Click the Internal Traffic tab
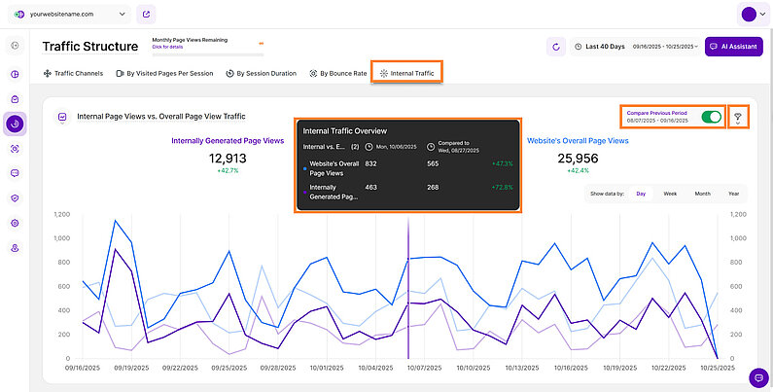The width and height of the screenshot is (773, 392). [408, 73]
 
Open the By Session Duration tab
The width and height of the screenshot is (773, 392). [261, 73]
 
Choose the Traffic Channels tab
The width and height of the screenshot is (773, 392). [73, 73]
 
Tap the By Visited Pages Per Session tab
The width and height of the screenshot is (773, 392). [162, 73]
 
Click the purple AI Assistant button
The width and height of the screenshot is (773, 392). [734, 46]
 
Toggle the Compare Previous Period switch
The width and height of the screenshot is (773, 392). [713, 117]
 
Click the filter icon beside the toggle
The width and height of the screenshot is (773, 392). [738, 118]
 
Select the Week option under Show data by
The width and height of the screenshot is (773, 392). [670, 194]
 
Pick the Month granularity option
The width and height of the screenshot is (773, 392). [702, 194]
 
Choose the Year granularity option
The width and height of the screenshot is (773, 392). [733, 194]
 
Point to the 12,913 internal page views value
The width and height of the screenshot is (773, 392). [228, 158]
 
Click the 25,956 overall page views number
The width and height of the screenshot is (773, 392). [578, 158]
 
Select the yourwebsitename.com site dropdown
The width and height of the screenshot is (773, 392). [71, 15]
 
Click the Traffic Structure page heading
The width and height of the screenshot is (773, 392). [89, 46]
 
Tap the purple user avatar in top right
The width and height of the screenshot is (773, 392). [748, 15]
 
